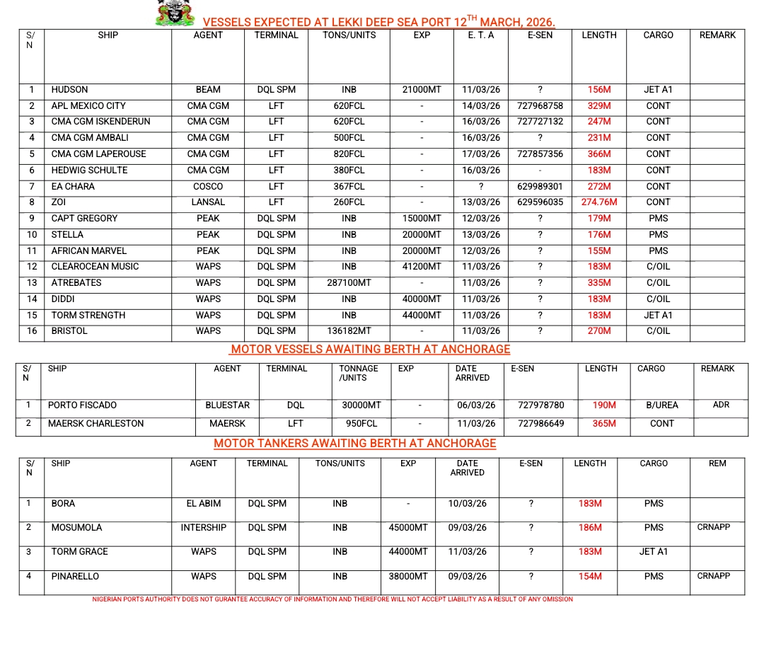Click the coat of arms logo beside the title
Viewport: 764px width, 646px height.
[175, 13]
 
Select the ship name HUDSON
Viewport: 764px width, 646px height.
[69, 90]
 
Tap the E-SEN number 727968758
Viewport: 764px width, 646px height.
[540, 106]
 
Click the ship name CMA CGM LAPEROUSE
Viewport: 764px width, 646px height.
[98, 154]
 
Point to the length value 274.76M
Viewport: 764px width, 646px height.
[598, 202]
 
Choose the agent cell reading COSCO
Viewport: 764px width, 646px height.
[208, 187]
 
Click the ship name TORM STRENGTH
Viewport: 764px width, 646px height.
[88, 316]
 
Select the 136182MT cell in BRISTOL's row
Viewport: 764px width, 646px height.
[349, 331]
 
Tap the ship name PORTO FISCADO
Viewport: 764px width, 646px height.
[82, 405]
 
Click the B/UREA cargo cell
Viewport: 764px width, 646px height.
[661, 405]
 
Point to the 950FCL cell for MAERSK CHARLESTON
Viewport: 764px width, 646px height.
[361, 424]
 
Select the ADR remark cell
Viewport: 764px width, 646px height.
[721, 405]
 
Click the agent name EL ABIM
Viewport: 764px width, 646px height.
[204, 504]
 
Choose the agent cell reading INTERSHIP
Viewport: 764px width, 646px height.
[204, 528]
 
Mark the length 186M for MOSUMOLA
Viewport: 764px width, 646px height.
[590, 528]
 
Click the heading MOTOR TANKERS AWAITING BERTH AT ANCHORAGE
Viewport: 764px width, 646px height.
[355, 444]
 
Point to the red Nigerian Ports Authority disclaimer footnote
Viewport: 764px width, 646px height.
[332, 599]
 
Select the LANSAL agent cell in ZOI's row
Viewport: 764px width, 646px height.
[208, 202]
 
